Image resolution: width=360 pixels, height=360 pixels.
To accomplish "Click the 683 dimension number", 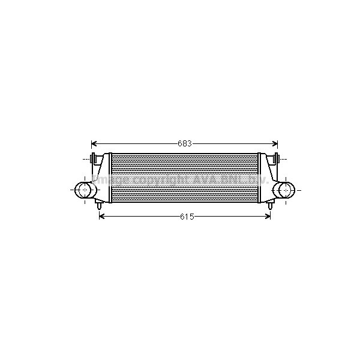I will click(184, 144).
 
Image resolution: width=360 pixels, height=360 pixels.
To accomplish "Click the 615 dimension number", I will click(186, 217).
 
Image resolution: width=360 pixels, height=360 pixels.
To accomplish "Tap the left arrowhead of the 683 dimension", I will click(94, 144).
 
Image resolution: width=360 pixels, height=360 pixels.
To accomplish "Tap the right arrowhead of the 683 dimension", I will click(275, 144).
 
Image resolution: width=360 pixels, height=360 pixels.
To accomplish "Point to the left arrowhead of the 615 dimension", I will click(101, 217).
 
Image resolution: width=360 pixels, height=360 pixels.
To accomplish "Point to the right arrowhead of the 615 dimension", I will click(268, 217).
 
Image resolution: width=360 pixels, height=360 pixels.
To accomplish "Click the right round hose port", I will click(284, 190).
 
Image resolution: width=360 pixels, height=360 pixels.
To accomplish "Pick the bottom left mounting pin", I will click(98, 205).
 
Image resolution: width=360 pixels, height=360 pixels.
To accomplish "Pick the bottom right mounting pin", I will click(271, 205).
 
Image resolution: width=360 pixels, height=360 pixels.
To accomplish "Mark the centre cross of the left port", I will click(84, 190).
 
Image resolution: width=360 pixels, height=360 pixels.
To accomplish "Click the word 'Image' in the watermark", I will click(115, 180).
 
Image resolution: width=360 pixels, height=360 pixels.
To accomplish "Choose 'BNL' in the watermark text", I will click(231, 180).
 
